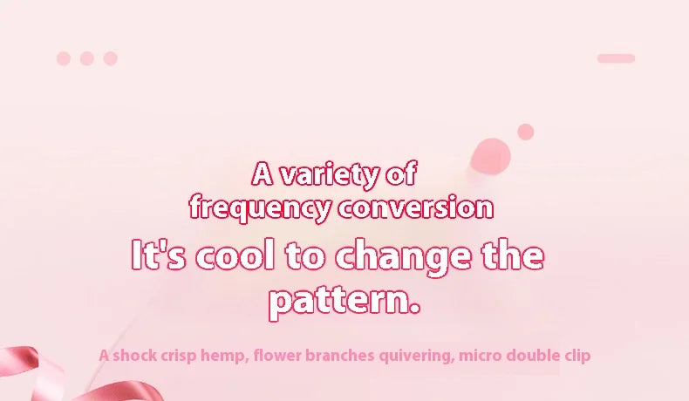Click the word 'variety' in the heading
tap(329, 175)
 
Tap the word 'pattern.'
tap(344, 302)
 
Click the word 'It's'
tap(159, 255)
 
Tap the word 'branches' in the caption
tap(339, 355)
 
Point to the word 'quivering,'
tap(417, 356)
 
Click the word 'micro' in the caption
tap(480, 355)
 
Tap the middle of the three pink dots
tap(87, 58)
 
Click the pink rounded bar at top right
tap(616, 58)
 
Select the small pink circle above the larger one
tap(526, 132)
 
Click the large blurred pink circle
tap(490, 157)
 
